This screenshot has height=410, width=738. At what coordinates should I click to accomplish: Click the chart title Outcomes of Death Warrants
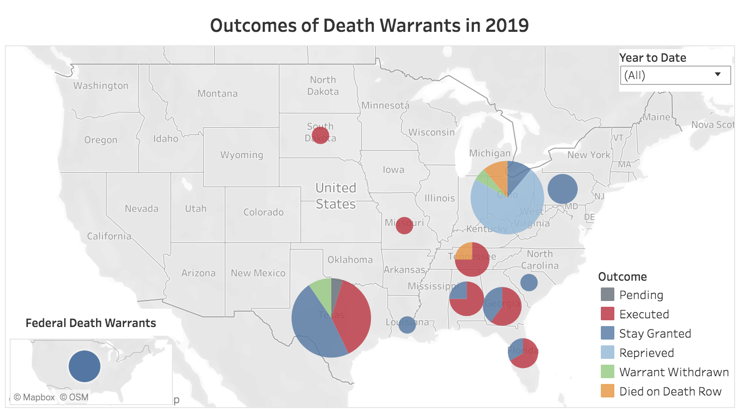click(x=369, y=26)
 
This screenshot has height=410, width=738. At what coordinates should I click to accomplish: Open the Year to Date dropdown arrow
click(x=718, y=74)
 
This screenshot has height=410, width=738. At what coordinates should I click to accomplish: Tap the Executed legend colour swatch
click(x=607, y=314)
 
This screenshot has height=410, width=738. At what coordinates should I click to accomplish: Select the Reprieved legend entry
click(x=646, y=353)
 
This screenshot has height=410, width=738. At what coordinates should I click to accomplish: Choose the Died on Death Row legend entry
click(x=670, y=391)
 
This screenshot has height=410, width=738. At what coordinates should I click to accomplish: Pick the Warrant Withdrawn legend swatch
click(x=607, y=372)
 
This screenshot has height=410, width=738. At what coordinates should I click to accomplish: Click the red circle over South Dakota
click(x=320, y=135)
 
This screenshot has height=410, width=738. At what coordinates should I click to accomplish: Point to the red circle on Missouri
click(x=404, y=225)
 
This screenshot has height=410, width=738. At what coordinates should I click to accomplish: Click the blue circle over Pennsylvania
click(x=563, y=189)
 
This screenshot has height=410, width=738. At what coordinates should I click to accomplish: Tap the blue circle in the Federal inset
click(x=85, y=367)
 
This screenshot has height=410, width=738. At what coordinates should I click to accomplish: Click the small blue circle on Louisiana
click(x=407, y=325)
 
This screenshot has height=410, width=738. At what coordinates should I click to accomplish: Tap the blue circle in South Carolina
click(x=529, y=282)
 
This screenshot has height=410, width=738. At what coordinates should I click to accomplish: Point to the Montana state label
click(x=217, y=94)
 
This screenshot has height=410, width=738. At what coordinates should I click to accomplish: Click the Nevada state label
click(x=142, y=208)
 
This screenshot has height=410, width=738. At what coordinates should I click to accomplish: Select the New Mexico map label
click(x=258, y=273)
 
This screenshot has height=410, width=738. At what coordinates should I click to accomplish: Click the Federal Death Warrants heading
click(x=91, y=323)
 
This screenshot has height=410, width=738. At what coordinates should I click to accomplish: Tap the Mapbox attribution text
click(x=34, y=397)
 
